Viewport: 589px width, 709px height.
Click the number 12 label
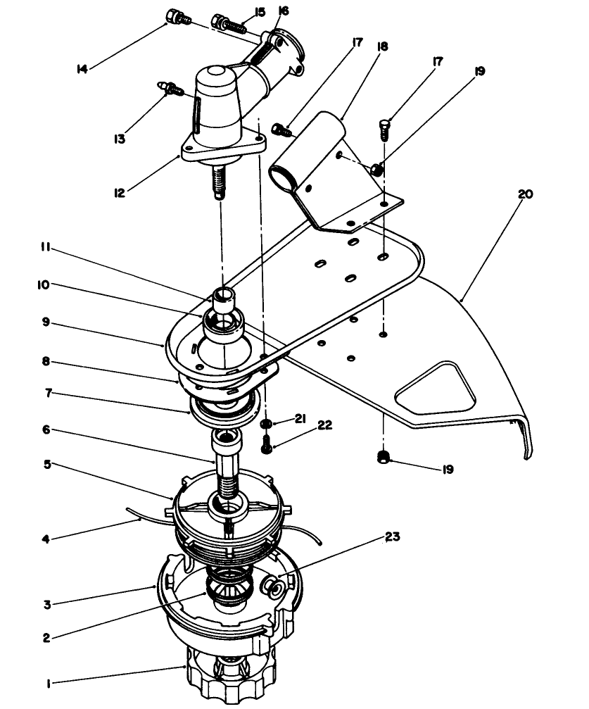[119, 190]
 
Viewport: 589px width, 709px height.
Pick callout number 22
[324, 425]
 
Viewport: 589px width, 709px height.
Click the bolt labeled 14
[175, 17]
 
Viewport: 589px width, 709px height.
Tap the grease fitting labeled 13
[171, 89]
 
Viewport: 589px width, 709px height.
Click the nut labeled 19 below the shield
[384, 458]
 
